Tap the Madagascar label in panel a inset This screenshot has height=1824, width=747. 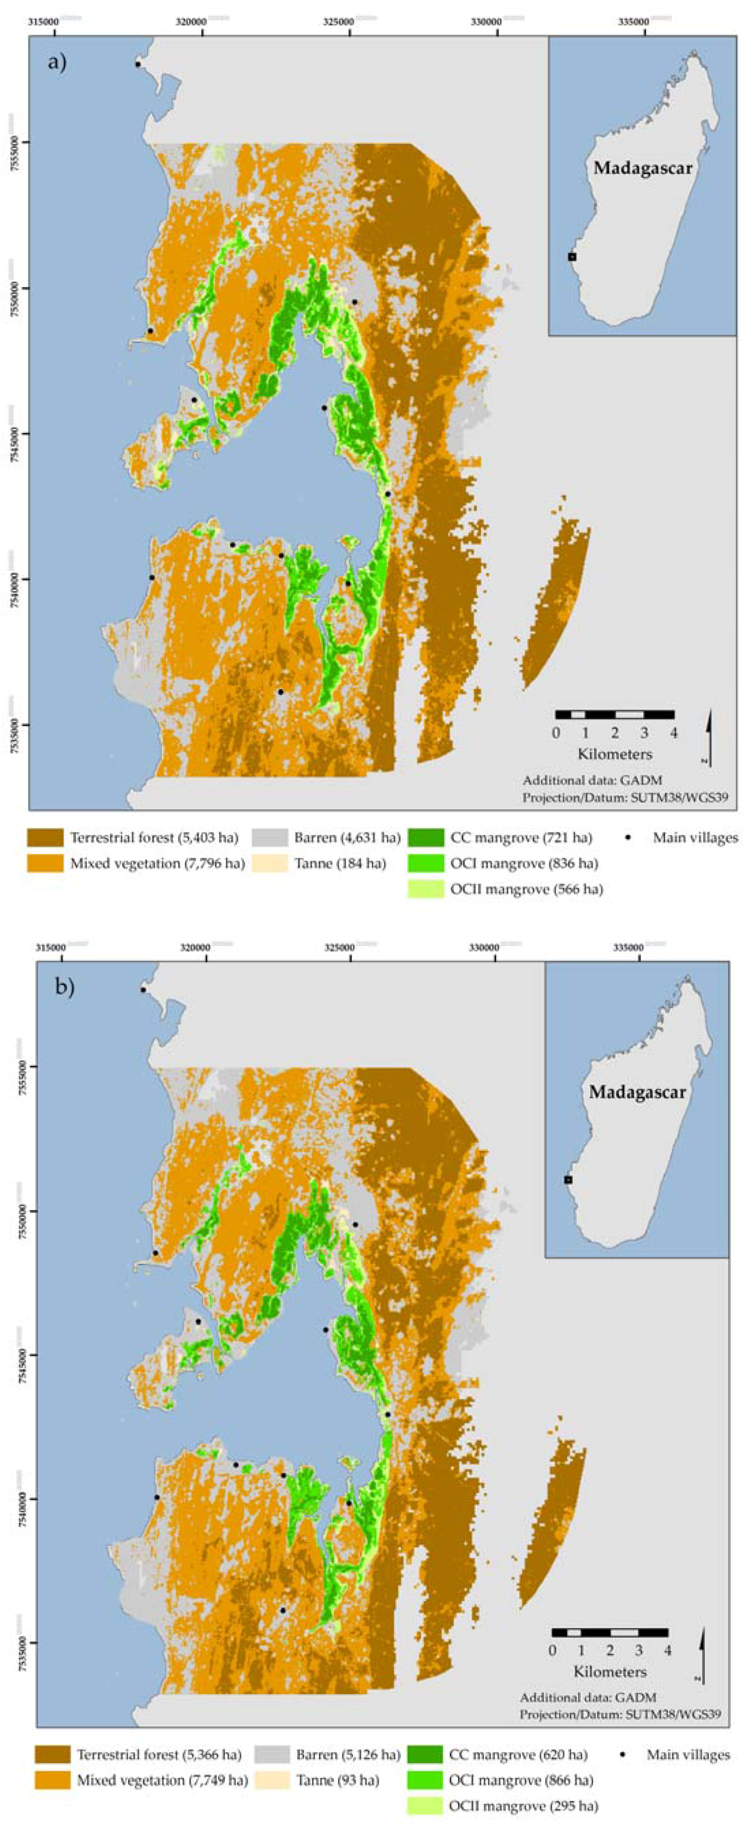click(x=642, y=169)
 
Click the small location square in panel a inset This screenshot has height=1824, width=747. click(x=572, y=257)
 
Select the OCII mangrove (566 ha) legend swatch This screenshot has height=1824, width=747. click(x=425, y=889)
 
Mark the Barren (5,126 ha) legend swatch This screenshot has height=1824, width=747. click(x=272, y=1755)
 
